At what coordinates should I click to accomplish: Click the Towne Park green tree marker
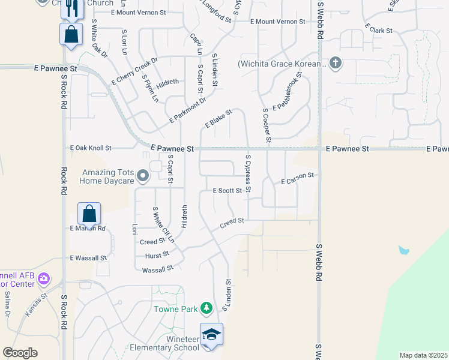click(x=206, y=308)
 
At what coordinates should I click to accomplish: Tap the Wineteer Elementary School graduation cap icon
click(x=211, y=334)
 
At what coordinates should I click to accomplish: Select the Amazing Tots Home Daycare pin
click(x=142, y=176)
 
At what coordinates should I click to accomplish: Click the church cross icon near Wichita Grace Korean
click(x=335, y=63)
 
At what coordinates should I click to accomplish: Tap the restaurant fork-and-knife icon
click(x=71, y=8)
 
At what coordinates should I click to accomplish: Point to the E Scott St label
click(x=228, y=191)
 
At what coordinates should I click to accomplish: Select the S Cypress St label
click(x=247, y=173)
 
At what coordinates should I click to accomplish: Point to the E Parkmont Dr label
click(x=187, y=110)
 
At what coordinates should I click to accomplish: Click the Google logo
click(x=20, y=353)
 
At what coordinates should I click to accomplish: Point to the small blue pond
click(x=404, y=249)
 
